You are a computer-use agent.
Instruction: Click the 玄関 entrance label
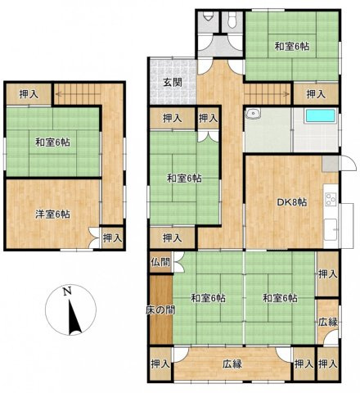171,82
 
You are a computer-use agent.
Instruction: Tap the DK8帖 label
290,201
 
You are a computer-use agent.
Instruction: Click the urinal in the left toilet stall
209,16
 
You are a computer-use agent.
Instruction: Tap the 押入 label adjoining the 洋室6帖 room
112,237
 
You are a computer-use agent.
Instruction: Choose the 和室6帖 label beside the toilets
291,46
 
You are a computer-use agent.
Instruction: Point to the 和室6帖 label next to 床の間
209,297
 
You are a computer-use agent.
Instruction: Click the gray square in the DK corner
327,162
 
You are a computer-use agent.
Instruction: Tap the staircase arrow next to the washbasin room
266,93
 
